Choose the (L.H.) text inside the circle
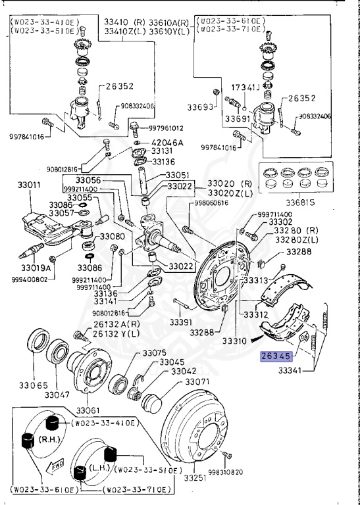tap(101, 466)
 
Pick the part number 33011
tap(26, 186)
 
